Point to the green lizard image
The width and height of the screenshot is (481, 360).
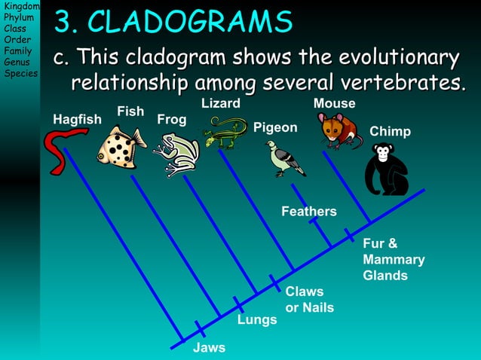[224, 133]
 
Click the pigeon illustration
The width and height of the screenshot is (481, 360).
[285, 159]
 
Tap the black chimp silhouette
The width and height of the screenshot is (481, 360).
[386, 170]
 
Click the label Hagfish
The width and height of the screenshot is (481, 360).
[77, 120]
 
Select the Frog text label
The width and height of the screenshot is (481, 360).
[171, 120]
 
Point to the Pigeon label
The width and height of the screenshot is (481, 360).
[275, 127]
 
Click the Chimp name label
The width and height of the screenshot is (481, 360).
[390, 132]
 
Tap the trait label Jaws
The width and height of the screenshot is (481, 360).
[209, 347]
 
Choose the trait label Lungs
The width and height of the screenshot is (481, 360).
[257, 320]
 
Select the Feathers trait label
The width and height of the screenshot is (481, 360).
[308, 212]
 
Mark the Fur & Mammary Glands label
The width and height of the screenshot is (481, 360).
[394, 260]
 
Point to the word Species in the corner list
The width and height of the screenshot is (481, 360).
[20, 73]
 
